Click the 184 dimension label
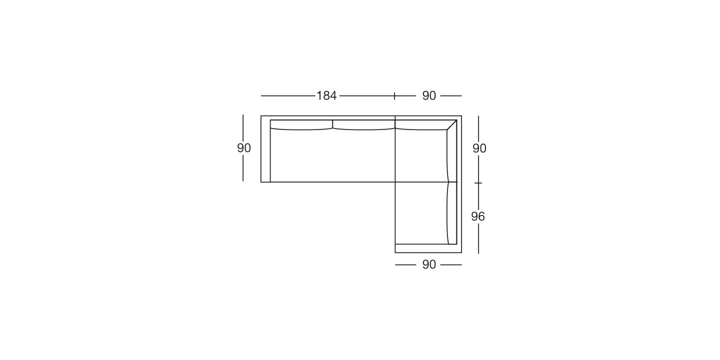click(326, 96)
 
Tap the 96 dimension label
click(478, 216)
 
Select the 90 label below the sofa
click(429, 264)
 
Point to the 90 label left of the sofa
click(244, 148)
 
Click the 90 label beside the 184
click(429, 96)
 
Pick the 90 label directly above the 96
click(479, 148)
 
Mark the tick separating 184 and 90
click(394, 96)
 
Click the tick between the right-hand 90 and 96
click(478, 183)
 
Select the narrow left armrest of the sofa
click(265, 149)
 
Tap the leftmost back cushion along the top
click(301, 125)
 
